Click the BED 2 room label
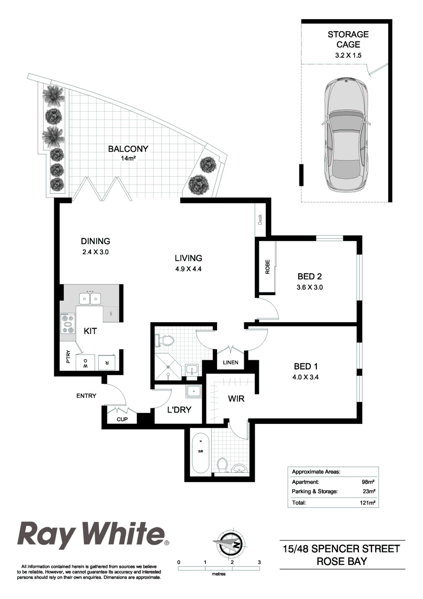pyautogui.click(x=310, y=276)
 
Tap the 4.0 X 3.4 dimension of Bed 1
pyautogui.click(x=305, y=377)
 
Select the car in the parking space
pyautogui.click(x=347, y=135)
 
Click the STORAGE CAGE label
pyautogui.click(x=348, y=39)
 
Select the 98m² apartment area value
pyautogui.click(x=369, y=482)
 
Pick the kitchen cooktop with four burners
pyautogui.click(x=68, y=324)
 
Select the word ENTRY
pyautogui.click(x=86, y=396)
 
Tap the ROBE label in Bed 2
pyautogui.click(x=267, y=267)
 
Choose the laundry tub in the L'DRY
pyautogui.click(x=194, y=392)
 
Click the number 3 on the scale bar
pyautogui.click(x=259, y=562)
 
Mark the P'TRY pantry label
pyautogui.click(x=68, y=357)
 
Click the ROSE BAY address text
pyautogui.click(x=342, y=561)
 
